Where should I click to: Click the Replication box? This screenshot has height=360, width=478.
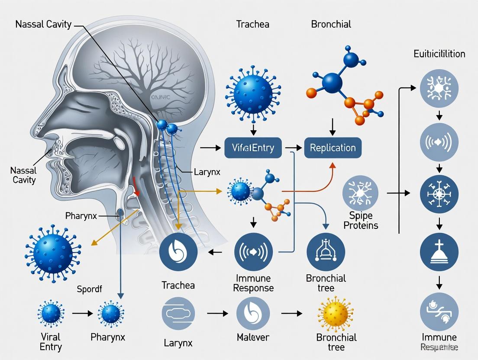point(333,148)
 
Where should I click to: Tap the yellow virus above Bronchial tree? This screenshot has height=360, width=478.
point(335,313)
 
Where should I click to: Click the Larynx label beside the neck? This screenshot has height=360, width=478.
point(207,172)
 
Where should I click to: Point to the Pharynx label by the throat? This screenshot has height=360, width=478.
point(82,215)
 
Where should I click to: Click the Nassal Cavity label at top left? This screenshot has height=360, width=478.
point(43,24)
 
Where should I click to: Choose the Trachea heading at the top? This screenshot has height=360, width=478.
point(253,24)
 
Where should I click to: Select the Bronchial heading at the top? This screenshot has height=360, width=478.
point(331,24)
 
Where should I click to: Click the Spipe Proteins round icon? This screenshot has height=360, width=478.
point(360,193)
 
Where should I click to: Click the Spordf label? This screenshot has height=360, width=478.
point(90,289)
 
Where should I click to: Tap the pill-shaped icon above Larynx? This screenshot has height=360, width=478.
point(178,313)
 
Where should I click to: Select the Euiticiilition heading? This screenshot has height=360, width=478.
point(439,54)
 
